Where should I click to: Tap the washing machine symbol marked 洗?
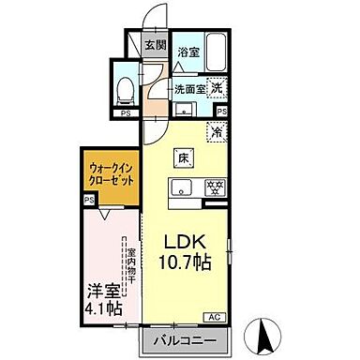tap(217, 89)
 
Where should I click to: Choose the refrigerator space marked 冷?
tap(216, 133)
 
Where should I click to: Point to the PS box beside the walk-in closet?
tap(89, 200)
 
